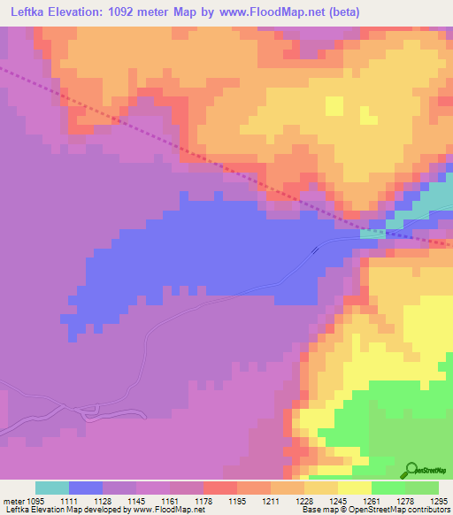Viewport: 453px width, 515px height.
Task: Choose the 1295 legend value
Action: pos(437,501)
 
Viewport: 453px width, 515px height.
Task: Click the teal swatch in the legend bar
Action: pos(52,488)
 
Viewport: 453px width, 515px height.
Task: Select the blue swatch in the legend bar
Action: pos(86,488)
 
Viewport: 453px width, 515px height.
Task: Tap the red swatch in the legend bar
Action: pos(220,488)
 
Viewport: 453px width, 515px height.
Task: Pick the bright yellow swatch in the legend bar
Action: pos(355,488)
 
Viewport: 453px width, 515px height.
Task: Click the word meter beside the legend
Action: pos(12,501)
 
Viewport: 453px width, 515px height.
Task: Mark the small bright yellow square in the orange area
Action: pos(334,105)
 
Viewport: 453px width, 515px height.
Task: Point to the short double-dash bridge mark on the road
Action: pos(315,250)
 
